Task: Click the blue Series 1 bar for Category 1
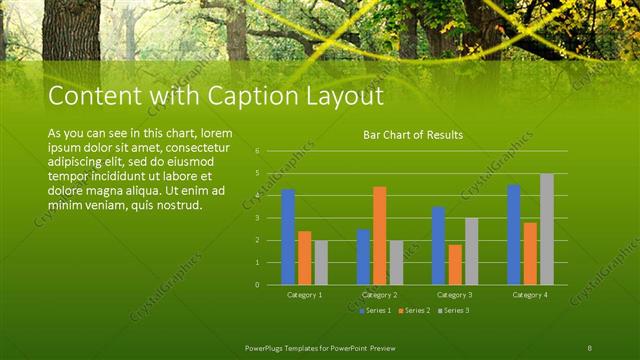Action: [x=288, y=237]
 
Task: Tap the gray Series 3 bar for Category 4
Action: [x=546, y=229]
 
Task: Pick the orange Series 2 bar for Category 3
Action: [x=455, y=264]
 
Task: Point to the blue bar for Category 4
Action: [x=513, y=234]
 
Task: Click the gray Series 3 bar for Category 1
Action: [x=320, y=262]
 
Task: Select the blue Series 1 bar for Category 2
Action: [x=363, y=257]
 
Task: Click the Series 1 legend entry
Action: [x=374, y=310]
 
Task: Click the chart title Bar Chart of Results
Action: [x=413, y=135]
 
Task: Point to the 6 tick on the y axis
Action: [x=257, y=151]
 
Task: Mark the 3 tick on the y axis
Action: [x=257, y=218]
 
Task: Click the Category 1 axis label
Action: [x=304, y=295]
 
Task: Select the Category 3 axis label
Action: [x=455, y=295]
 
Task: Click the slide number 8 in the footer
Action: [x=589, y=346]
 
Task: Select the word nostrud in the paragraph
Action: [x=180, y=205]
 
